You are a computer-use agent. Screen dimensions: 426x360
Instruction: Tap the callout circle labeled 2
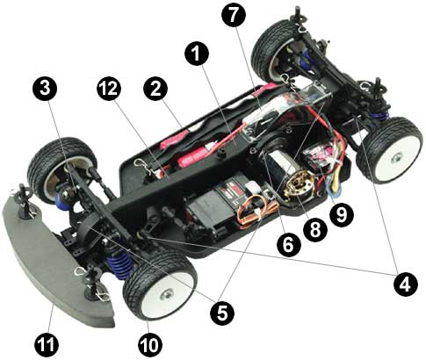155,89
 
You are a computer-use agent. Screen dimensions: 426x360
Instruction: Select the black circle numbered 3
45,89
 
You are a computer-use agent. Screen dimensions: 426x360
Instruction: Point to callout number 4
406,284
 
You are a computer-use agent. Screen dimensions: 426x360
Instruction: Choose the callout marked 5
223,313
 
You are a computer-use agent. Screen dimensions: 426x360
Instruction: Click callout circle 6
289,245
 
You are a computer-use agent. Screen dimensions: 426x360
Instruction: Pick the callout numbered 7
234,15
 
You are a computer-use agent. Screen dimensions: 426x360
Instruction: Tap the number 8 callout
315,230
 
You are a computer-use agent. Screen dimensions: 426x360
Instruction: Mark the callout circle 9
342,214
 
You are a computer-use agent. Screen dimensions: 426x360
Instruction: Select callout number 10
151,345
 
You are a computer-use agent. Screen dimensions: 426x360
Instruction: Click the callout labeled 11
47,345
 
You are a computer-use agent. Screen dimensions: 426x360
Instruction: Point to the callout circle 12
109,89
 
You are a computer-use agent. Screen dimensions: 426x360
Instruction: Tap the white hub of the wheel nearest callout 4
396,159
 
